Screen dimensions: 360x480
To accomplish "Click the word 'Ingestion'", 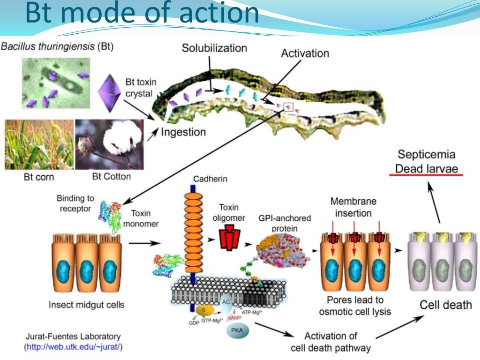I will tap(183, 133).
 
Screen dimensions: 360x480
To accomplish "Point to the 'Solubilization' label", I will tap(215, 48).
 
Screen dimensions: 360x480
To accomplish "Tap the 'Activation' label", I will tap(305, 53).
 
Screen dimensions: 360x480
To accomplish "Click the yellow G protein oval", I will tap(204, 310).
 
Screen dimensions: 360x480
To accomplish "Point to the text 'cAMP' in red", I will tap(234, 317).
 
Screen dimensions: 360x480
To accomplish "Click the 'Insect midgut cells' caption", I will tap(87, 305).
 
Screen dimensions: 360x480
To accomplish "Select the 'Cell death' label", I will tap(445, 305).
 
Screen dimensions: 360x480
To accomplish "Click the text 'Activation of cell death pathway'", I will tap(330, 342).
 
